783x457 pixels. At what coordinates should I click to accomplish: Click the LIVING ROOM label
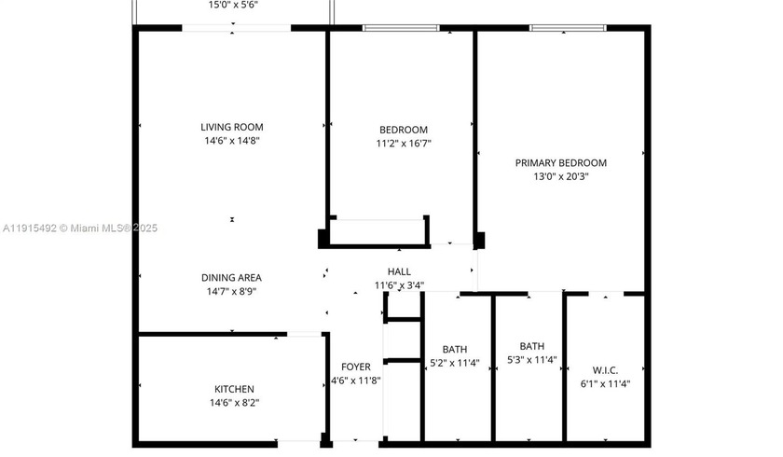pos(232,127)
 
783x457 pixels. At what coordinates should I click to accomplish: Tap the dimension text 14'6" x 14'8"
pos(232,141)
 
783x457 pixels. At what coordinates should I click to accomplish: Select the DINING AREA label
pos(231,277)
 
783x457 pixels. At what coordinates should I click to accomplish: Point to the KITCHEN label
pos(234,389)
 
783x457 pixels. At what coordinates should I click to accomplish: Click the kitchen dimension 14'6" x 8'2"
pos(234,403)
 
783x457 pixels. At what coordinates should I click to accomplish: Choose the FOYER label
pos(356,367)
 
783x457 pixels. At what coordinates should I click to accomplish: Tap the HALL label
pos(399,271)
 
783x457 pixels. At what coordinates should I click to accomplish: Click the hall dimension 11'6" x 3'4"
pos(400,285)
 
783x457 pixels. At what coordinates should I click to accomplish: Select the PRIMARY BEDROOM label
pos(561,162)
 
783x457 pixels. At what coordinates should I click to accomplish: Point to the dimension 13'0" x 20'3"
pos(561,176)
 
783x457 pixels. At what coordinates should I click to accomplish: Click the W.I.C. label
pos(606,369)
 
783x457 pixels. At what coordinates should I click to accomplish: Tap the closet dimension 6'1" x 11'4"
pos(606,383)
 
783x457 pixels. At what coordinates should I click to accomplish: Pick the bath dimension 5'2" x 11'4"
pos(455,363)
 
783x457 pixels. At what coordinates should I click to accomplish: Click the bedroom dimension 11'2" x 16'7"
pos(404,144)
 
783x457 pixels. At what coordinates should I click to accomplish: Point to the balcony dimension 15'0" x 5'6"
pos(233,5)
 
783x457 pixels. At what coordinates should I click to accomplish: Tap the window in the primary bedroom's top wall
pos(561,28)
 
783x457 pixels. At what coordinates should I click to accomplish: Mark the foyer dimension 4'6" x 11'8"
pos(356,381)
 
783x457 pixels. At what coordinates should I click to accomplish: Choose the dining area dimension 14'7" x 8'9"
pos(231,291)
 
